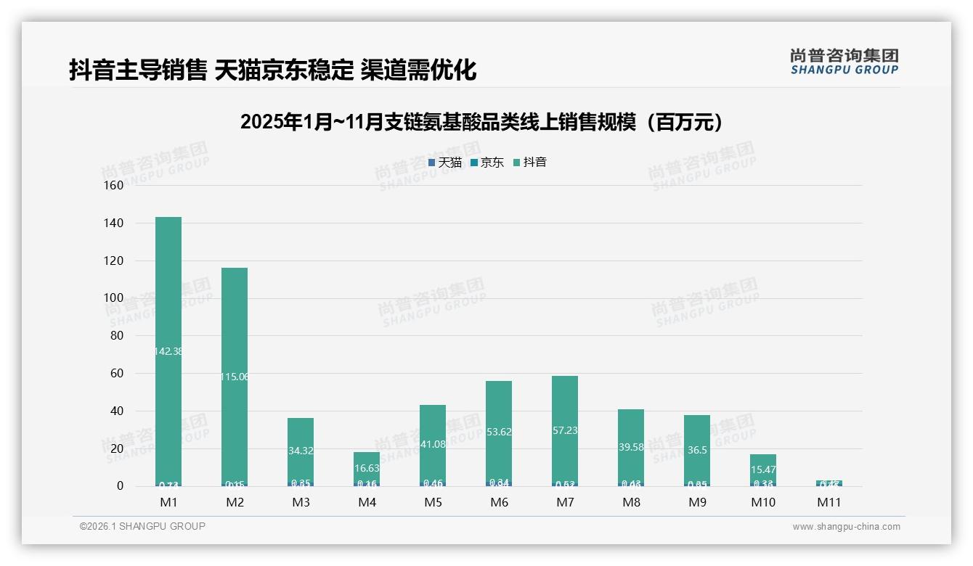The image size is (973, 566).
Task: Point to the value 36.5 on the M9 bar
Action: (697, 450)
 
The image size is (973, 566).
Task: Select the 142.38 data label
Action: (168, 351)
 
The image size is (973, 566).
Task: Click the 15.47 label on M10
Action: (763, 470)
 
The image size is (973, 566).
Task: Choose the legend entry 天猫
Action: (445, 163)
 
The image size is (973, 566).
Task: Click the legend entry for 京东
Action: (487, 163)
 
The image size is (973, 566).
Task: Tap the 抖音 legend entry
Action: (530, 163)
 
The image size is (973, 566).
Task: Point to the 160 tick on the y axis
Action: (114, 185)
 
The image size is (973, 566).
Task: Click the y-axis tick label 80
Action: (117, 335)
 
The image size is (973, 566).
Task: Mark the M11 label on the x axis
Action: (829, 502)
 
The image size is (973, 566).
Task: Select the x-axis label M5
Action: (433, 502)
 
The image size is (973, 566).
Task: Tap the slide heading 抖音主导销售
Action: (138, 70)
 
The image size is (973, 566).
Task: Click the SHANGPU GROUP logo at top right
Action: (844, 62)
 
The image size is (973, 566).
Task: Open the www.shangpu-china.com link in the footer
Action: (846, 527)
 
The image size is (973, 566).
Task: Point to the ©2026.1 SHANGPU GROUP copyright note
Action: (142, 526)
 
